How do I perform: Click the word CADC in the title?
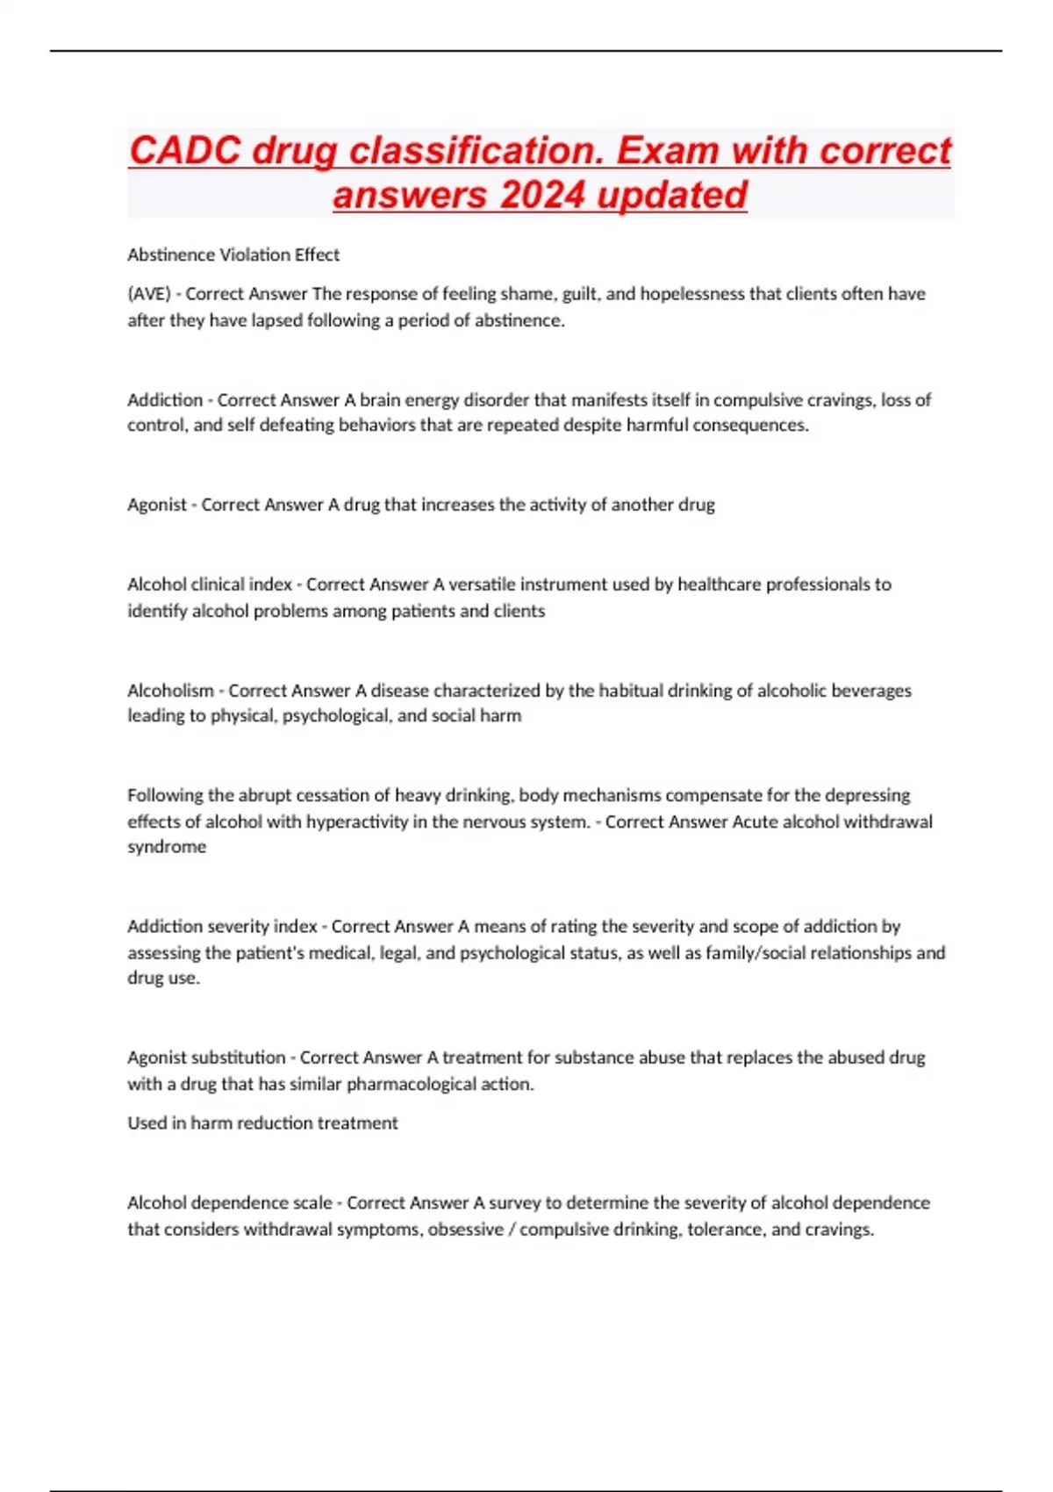[184, 151]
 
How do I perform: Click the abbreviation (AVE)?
[149, 294]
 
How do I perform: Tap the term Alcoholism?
[170, 691]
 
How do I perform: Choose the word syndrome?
[167, 847]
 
